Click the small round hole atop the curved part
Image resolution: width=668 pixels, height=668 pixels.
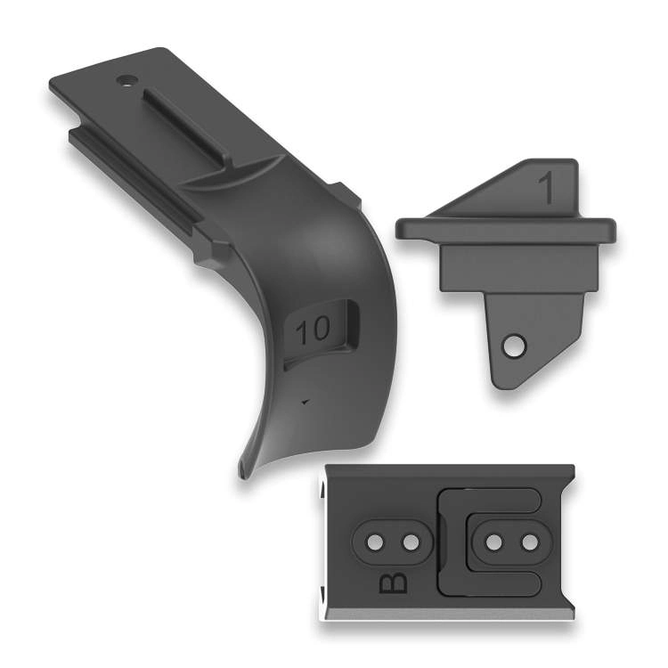[126, 79]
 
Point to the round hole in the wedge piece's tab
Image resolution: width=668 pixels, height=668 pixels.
[514, 345]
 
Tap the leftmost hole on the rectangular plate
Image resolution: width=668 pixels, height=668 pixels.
[375, 542]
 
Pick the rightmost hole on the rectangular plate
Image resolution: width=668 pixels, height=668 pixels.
[530, 542]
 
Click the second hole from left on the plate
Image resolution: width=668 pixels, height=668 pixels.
[411, 542]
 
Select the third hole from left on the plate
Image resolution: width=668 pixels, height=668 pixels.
[494, 542]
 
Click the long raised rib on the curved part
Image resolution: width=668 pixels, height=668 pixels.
[187, 127]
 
